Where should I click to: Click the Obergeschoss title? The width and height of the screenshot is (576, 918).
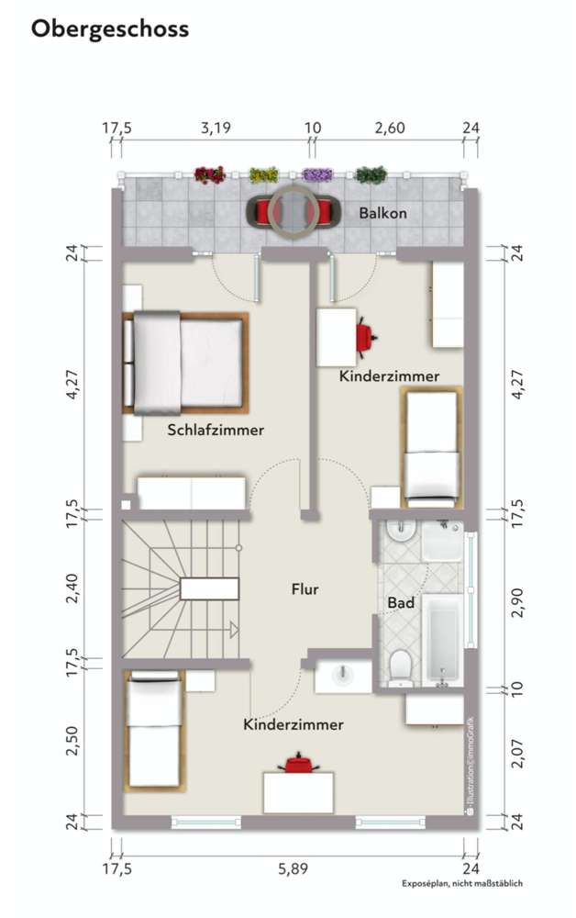click(110, 29)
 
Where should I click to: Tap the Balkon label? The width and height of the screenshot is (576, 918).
click(382, 213)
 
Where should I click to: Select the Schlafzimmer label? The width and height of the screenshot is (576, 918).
click(216, 430)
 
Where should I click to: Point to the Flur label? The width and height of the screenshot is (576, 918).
click(305, 589)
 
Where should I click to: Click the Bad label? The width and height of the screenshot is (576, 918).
click(401, 603)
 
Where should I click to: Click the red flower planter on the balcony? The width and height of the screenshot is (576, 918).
click(210, 174)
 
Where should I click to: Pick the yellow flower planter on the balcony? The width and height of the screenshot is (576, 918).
click(263, 174)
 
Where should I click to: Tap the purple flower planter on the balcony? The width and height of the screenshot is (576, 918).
click(316, 174)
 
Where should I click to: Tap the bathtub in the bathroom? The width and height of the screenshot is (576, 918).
click(442, 636)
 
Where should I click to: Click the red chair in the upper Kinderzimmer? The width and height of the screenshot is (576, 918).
click(367, 337)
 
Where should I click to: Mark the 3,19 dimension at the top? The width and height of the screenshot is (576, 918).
click(216, 128)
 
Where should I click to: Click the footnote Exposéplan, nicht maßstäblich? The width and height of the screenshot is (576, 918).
click(461, 884)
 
